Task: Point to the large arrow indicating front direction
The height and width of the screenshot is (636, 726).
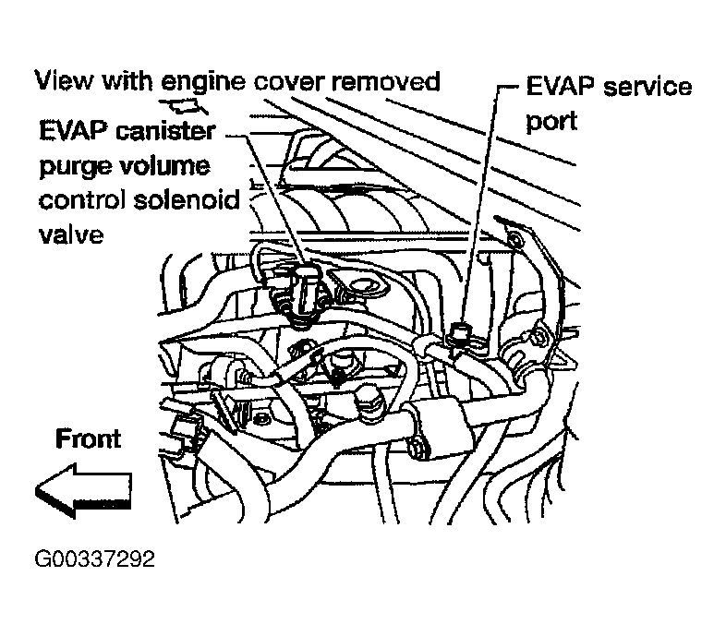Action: pos(84,489)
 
